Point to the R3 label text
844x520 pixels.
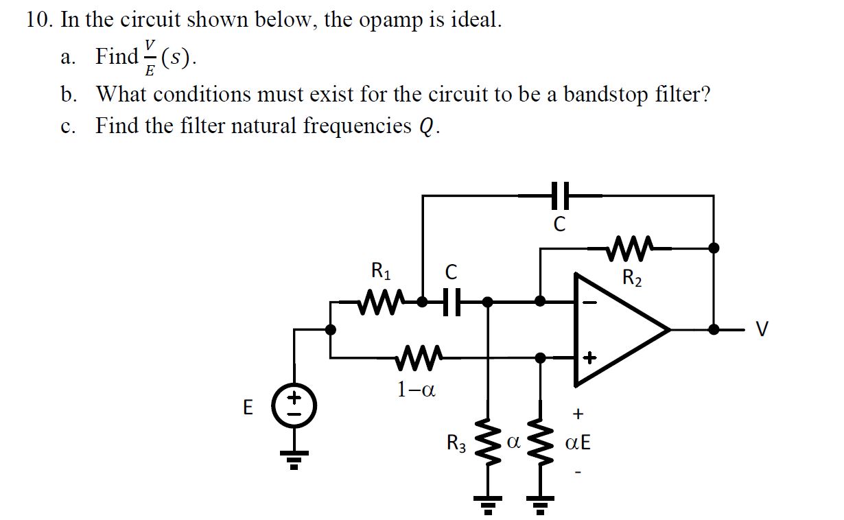(457, 444)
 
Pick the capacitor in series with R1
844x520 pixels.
(449, 301)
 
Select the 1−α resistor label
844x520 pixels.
(416, 390)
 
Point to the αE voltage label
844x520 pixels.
(577, 444)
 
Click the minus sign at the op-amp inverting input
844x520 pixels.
(589, 301)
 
